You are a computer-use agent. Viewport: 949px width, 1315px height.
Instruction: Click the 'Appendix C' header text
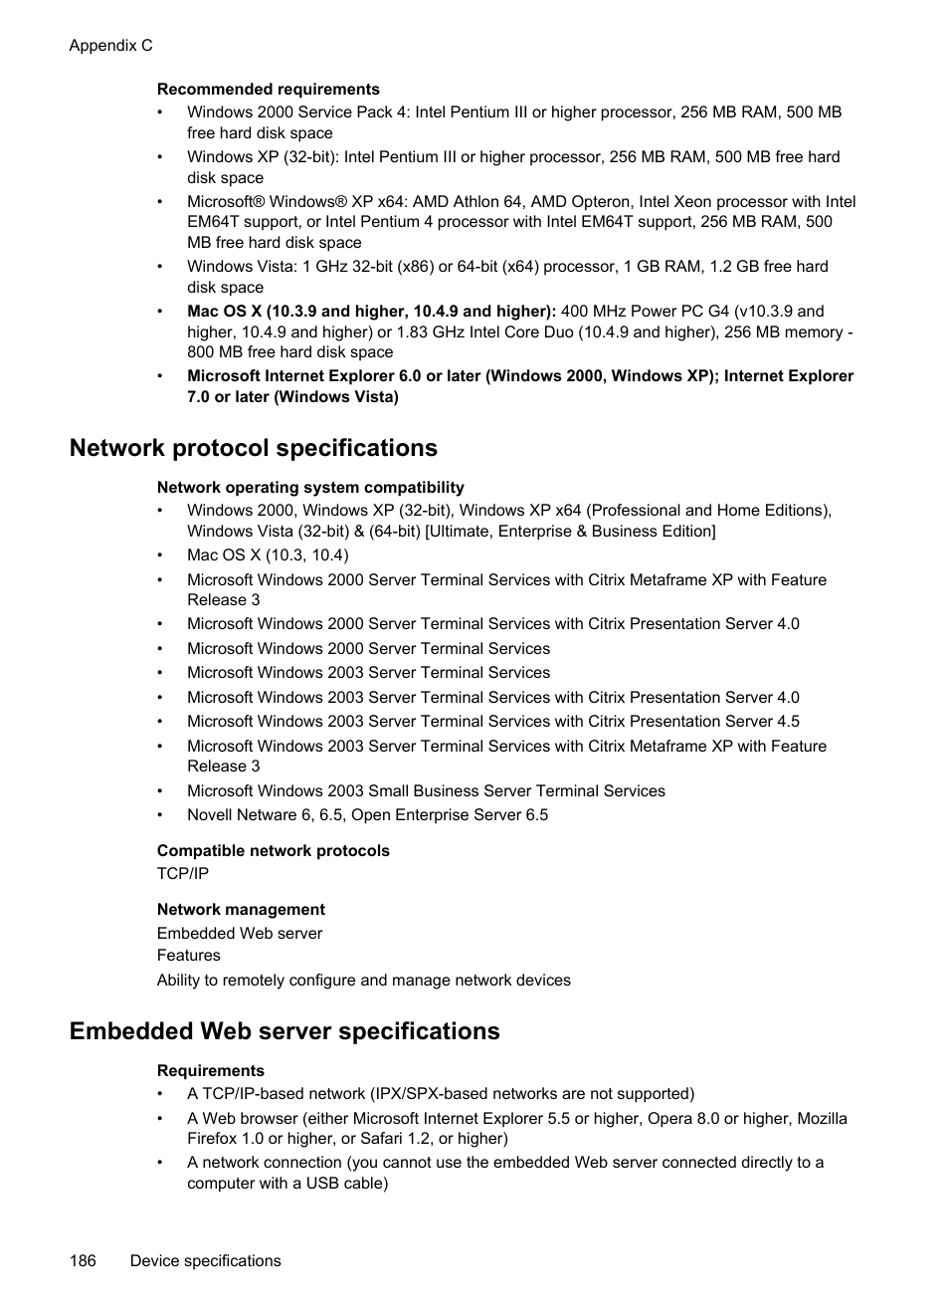(110, 46)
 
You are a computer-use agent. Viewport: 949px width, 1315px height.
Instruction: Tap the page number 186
(83, 1261)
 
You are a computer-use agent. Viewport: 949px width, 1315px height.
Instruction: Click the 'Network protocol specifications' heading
(253, 448)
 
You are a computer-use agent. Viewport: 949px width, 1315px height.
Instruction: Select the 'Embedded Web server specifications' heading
(285, 1031)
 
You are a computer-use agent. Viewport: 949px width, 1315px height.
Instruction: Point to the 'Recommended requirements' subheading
(268, 90)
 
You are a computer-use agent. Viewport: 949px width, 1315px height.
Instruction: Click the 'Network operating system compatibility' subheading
(310, 488)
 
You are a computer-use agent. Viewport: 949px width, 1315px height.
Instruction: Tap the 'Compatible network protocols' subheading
(273, 851)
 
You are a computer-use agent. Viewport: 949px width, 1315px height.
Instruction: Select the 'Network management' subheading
(241, 910)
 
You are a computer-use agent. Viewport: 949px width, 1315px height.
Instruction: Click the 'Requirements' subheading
(211, 1071)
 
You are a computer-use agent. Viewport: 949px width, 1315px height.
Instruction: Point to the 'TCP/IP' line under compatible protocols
(183, 874)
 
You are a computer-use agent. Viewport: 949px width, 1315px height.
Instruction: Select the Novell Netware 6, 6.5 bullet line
(367, 815)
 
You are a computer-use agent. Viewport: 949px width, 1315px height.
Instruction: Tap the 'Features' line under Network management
(188, 956)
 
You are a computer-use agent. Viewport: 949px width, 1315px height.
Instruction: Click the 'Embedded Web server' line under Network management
(240, 934)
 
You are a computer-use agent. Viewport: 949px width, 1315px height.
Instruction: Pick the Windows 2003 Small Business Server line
(426, 791)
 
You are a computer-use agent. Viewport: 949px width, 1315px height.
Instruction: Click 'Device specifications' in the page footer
(205, 1261)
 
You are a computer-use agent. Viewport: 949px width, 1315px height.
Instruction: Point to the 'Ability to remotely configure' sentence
(363, 981)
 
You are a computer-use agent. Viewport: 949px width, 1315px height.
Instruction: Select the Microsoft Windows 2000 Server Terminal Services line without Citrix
(368, 649)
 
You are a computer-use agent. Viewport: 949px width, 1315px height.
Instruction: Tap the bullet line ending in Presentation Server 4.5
(492, 722)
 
